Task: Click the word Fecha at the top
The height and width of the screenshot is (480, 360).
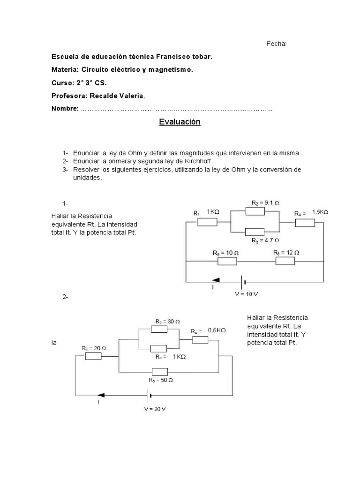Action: tap(276, 44)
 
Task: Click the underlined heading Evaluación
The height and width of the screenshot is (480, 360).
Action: tap(180, 122)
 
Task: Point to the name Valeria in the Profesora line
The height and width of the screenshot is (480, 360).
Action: tap(131, 96)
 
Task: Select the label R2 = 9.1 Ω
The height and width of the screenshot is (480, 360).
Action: tap(265, 203)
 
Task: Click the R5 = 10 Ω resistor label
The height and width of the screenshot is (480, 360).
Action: tap(225, 253)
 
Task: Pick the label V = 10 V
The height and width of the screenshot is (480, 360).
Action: tap(246, 295)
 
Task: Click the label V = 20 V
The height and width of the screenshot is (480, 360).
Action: tap(155, 409)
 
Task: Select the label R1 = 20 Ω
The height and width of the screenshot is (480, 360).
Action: tap(94, 348)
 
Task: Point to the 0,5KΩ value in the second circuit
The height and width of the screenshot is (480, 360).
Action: tap(217, 330)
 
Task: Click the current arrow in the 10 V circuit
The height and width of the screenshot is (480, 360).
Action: tap(216, 281)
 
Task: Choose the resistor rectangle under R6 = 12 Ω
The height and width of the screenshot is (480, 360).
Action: tap(285, 261)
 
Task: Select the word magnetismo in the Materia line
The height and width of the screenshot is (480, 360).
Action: tap(171, 70)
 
